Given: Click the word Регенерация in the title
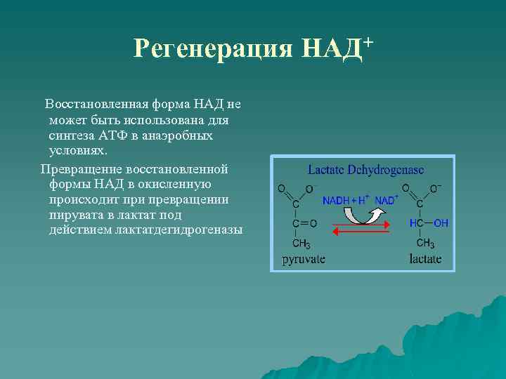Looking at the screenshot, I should point(213,49).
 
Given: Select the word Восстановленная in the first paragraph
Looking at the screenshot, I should point(94,105).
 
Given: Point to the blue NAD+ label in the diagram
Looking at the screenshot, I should point(386,201).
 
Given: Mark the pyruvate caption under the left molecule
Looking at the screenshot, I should point(304,259).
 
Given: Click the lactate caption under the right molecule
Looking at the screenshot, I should point(425,259).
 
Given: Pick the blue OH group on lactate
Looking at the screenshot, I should point(441,223).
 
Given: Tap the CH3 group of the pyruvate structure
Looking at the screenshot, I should point(301,244).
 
